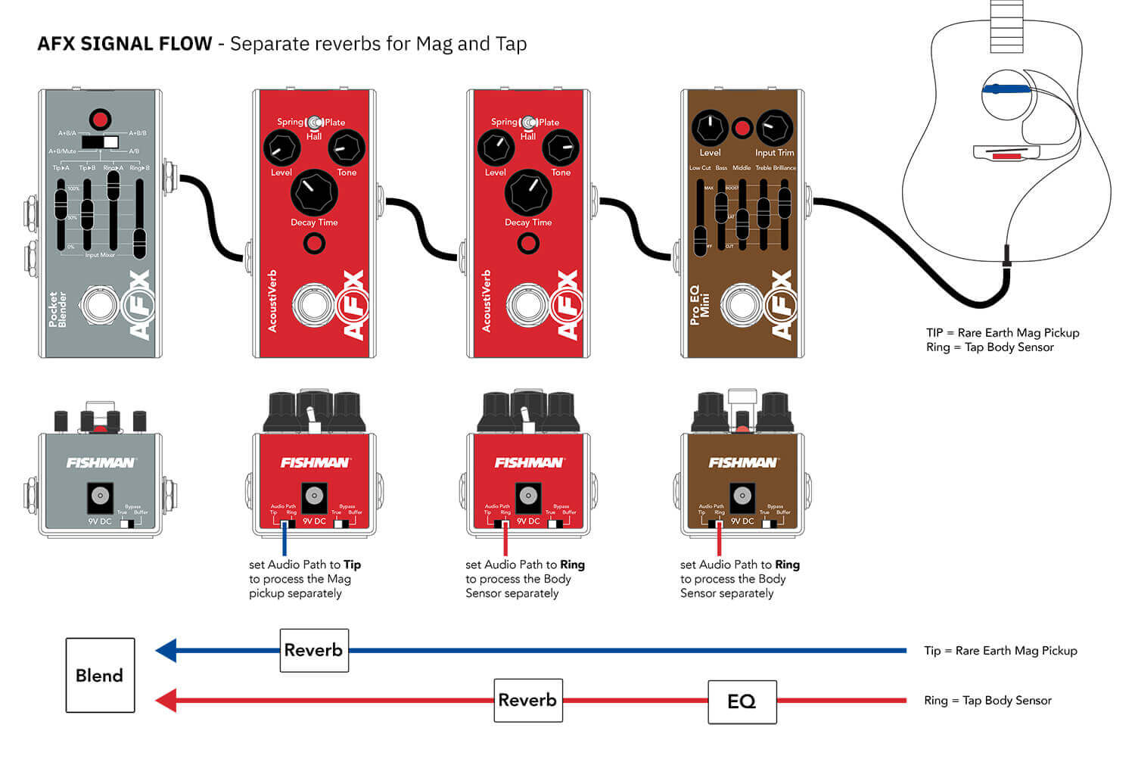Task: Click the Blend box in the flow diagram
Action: click(x=100, y=675)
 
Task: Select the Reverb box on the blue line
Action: click(x=314, y=650)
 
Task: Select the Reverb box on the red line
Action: click(x=528, y=700)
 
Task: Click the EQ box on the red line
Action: click(x=742, y=701)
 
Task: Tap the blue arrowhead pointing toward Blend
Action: click(x=166, y=650)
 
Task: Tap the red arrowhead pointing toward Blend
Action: click(x=166, y=700)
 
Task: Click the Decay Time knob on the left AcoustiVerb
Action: click(x=314, y=192)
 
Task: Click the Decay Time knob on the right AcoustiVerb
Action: click(x=528, y=192)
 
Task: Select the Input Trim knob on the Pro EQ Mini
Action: click(x=774, y=128)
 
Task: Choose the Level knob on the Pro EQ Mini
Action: click(x=710, y=128)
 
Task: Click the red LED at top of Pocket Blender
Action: click(x=100, y=119)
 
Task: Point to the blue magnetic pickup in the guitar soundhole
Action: click(x=1006, y=89)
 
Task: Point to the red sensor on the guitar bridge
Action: click(x=1006, y=156)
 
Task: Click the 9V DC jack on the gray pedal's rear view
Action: click(x=100, y=496)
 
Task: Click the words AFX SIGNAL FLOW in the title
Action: click(x=125, y=44)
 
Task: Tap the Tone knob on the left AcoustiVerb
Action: click(x=347, y=148)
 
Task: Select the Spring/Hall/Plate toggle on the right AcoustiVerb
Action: click(x=528, y=122)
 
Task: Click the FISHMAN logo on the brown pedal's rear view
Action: click(x=742, y=462)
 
